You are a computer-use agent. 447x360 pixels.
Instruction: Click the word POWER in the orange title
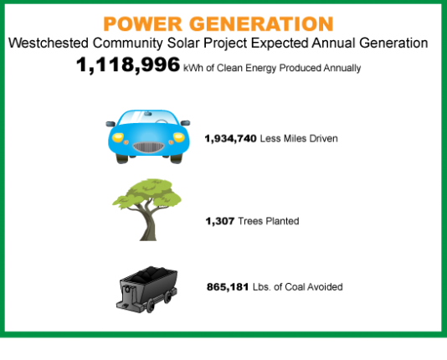(142, 24)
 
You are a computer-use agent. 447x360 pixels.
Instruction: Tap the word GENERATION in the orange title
(261, 24)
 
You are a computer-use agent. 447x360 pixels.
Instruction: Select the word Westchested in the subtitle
(49, 43)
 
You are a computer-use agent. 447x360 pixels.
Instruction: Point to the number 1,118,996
(128, 64)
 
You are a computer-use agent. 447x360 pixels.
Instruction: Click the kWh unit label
(193, 68)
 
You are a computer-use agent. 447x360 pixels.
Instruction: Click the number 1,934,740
(231, 139)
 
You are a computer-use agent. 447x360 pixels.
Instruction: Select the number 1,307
(220, 221)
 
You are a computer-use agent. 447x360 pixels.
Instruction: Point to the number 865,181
(228, 287)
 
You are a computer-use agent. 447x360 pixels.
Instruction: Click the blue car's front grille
(148, 147)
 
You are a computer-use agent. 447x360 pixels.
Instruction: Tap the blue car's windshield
(147, 117)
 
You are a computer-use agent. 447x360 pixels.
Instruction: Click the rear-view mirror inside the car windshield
(147, 114)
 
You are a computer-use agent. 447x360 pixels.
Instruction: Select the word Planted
(282, 221)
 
